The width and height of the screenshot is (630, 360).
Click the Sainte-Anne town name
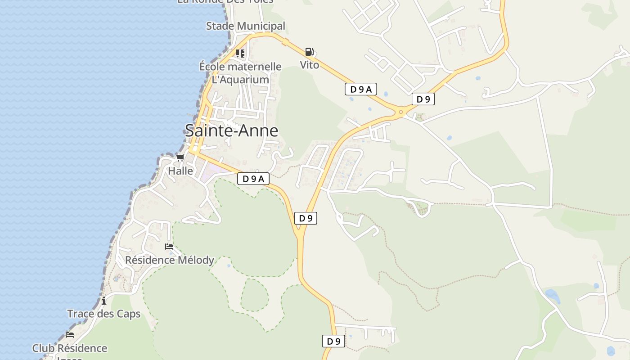[231, 130]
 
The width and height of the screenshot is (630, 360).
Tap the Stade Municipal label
[246, 26]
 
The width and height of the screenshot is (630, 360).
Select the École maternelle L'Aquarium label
[240, 73]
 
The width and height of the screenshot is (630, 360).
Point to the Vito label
[310, 65]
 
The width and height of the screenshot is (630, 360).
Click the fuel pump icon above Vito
[309, 52]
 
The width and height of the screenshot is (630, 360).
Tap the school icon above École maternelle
[240, 54]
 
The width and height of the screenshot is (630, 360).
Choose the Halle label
[180, 171]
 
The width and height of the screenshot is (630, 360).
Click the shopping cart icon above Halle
[180, 157]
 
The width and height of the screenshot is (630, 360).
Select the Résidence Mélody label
[170, 260]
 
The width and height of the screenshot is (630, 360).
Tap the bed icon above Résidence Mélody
[169, 247]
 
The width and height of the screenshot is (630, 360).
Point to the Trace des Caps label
[104, 314]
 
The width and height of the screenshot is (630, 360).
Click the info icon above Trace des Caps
[104, 301]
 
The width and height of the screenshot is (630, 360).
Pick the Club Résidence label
[70, 348]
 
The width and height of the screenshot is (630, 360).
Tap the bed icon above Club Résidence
[70, 335]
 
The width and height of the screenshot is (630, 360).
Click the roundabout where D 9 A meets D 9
[400, 112]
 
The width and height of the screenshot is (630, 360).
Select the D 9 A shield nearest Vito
[361, 89]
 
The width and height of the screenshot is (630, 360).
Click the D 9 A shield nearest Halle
[253, 179]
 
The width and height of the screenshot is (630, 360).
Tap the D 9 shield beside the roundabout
[423, 99]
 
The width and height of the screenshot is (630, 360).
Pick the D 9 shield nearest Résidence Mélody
[306, 218]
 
